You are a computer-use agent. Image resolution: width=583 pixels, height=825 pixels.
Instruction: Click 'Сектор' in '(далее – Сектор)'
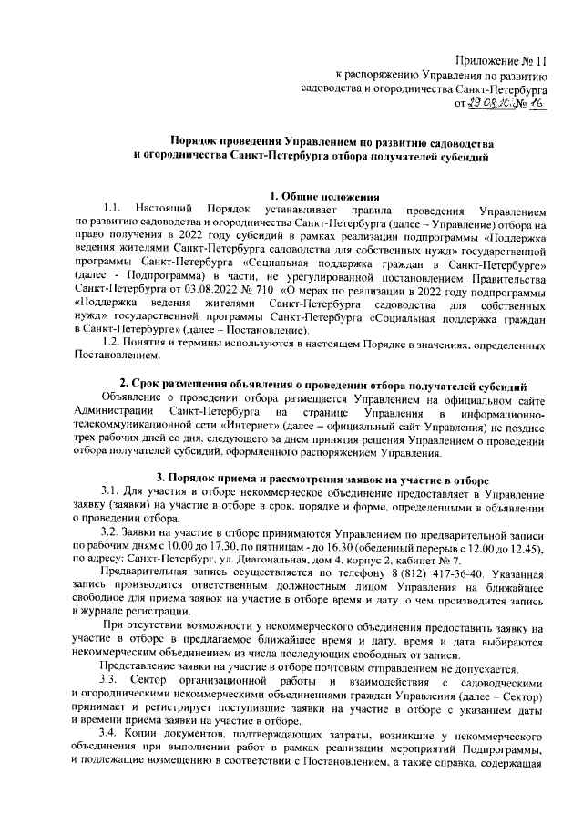(x=521, y=697)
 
